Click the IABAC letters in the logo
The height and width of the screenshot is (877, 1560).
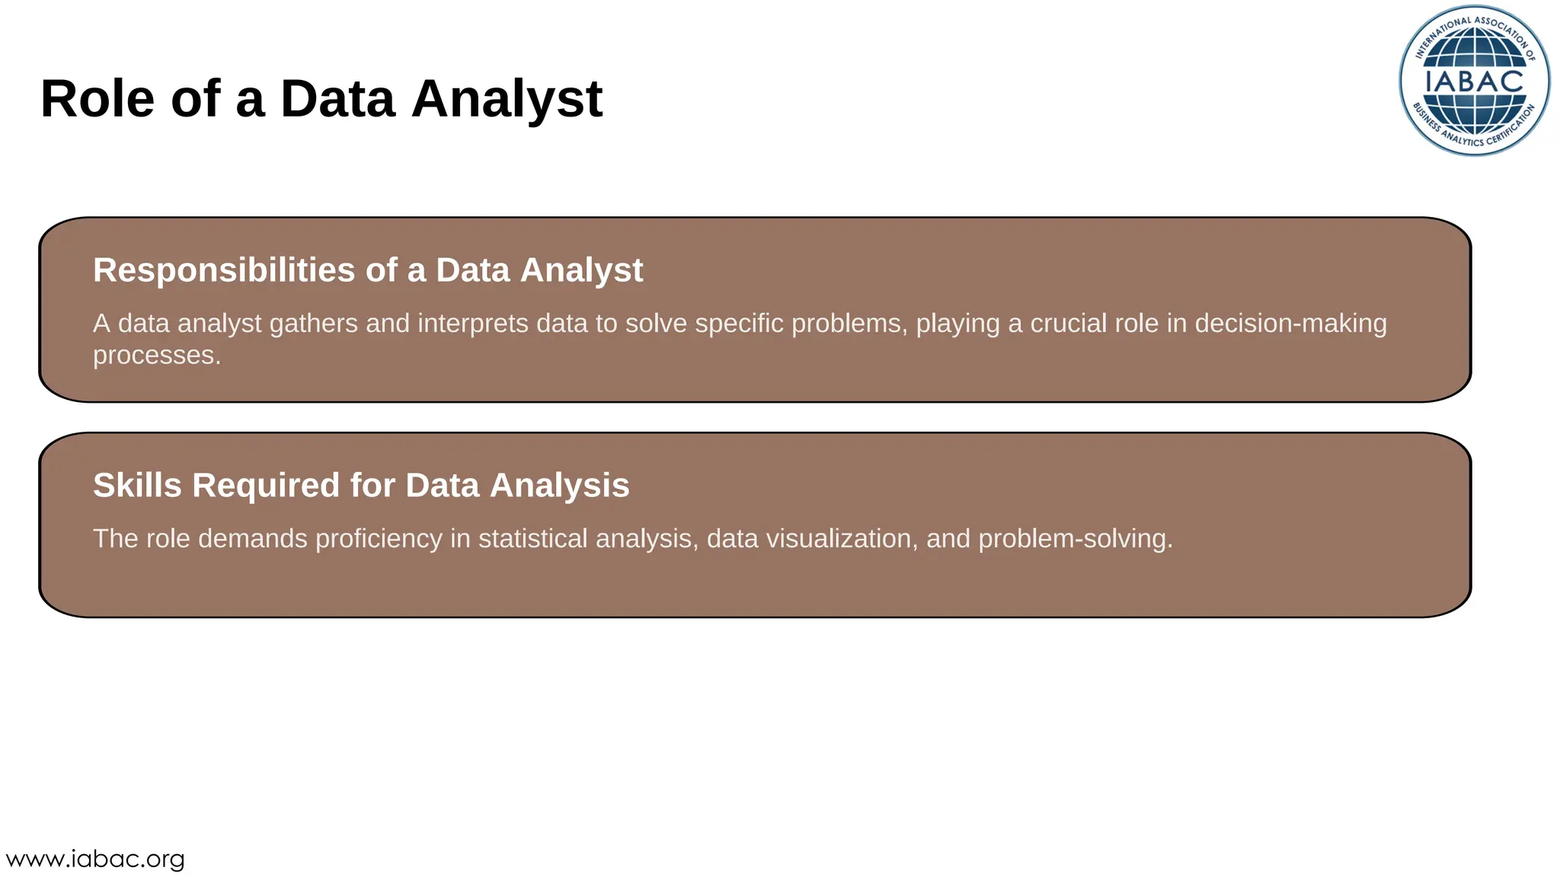(1474, 81)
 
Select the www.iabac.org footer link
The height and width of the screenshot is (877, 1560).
(95, 859)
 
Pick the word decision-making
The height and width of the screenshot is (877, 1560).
(1290, 324)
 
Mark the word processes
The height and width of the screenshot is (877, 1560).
(156, 356)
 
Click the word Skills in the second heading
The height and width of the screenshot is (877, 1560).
(137, 486)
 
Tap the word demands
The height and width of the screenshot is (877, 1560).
(253, 539)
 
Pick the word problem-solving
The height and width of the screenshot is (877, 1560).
(1074, 539)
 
